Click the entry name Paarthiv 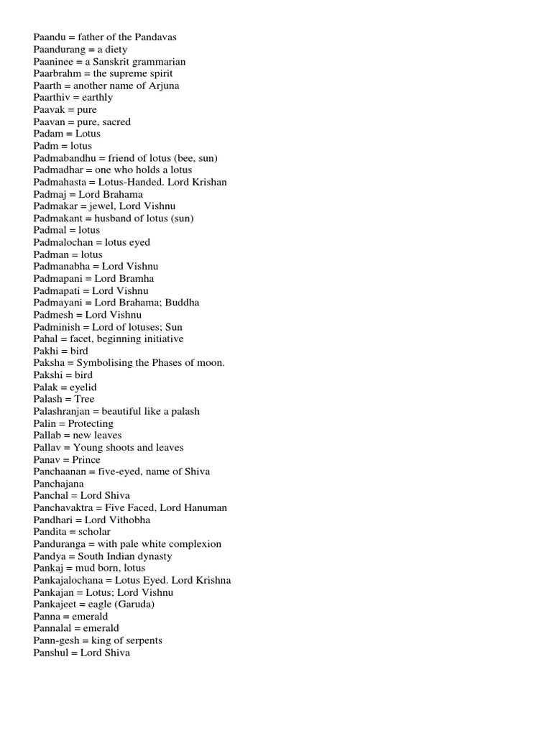tap(53, 97)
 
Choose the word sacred tap(116, 121)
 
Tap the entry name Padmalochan tap(64, 242)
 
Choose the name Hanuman tap(206, 507)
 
